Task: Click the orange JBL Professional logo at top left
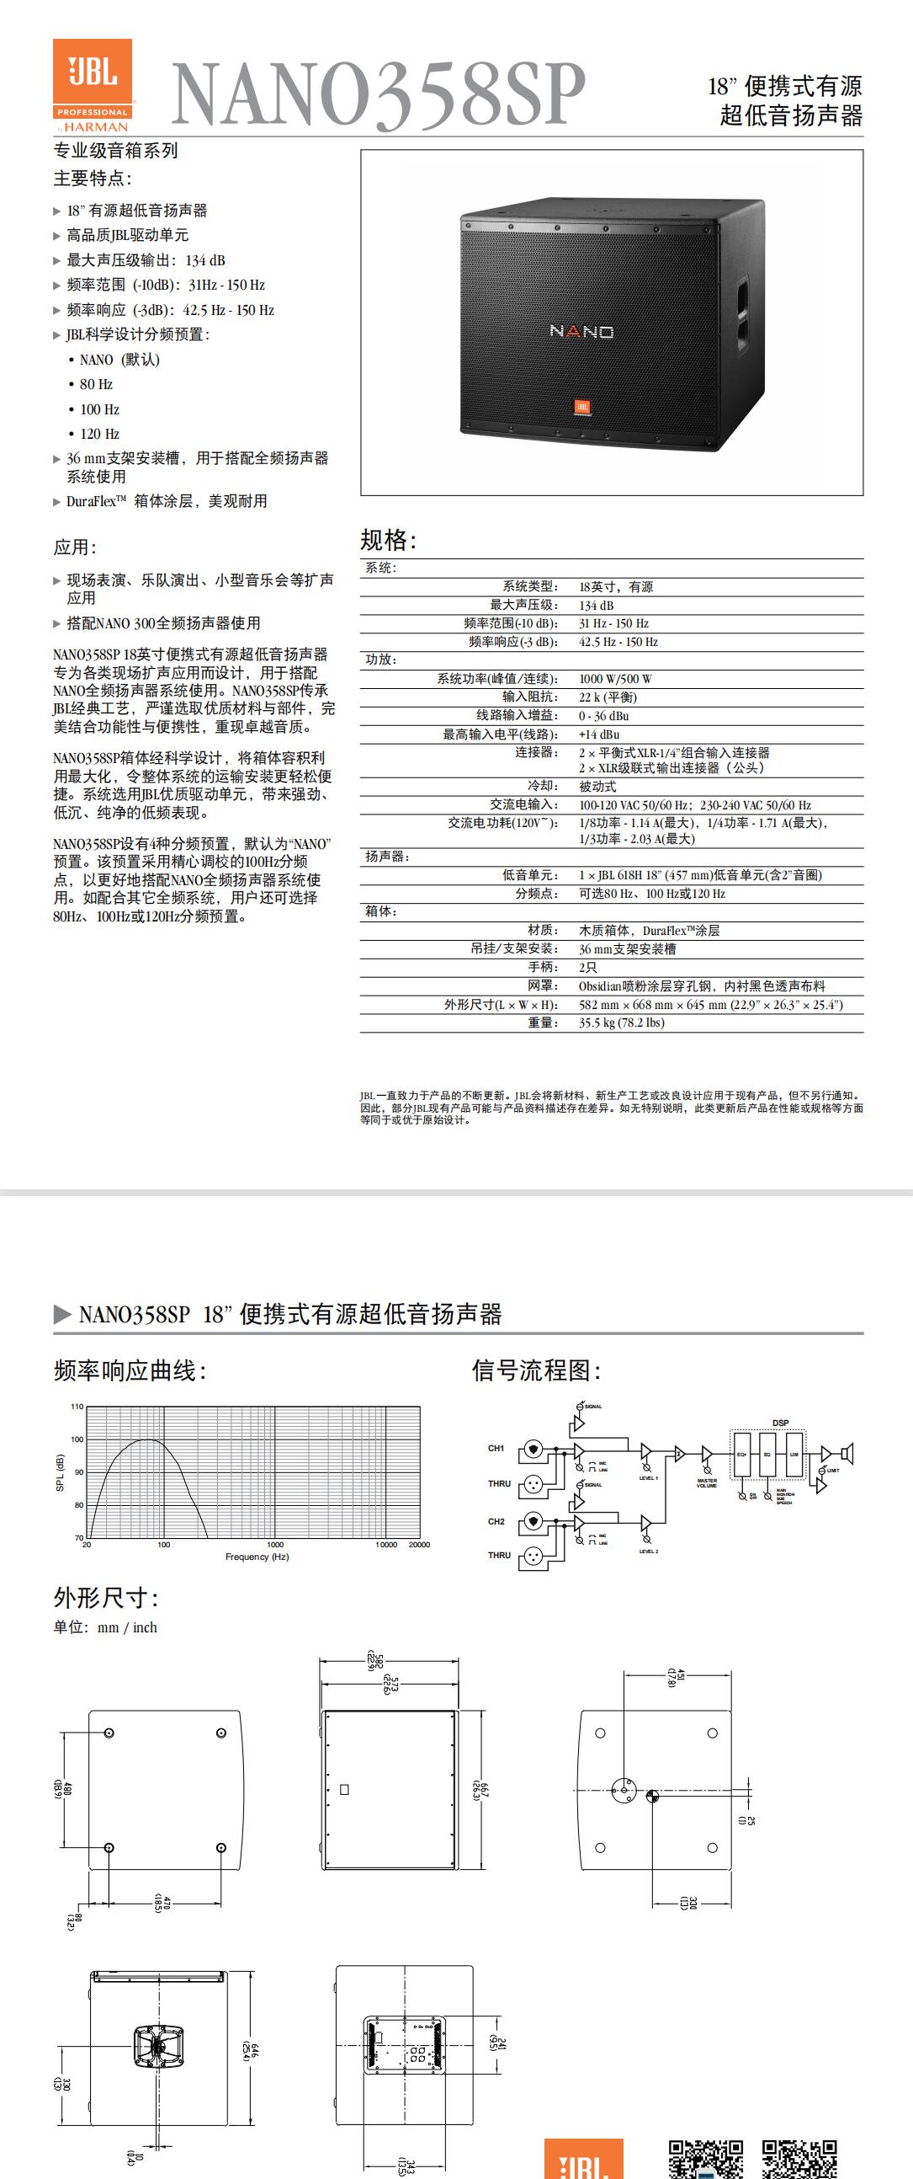tap(93, 84)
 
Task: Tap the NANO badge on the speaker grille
tap(581, 331)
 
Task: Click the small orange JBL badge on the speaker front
tap(582, 407)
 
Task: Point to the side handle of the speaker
tap(741, 312)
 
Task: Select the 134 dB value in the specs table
tap(596, 605)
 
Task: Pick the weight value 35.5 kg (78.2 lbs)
tap(621, 1023)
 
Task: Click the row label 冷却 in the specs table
tap(542, 786)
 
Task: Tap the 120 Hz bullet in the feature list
tap(99, 434)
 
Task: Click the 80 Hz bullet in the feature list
tap(96, 384)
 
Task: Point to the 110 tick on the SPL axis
tap(77, 1407)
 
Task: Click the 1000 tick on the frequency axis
tap(276, 1545)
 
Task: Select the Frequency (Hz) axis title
tap(257, 1557)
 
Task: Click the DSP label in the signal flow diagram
tap(780, 1423)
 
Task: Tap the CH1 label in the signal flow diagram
tap(496, 1448)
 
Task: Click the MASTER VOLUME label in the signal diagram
tap(707, 1482)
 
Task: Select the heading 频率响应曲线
tap(130, 1370)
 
